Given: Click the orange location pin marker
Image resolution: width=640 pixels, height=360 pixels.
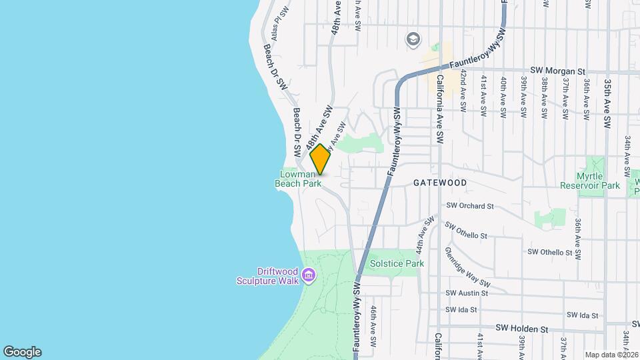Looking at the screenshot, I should tap(320, 159).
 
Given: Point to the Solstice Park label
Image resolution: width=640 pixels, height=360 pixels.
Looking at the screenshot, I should tap(397, 263).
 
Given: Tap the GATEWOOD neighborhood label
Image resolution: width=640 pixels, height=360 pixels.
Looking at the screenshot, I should tap(439, 182).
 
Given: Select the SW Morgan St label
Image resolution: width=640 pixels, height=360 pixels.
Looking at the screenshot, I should tap(557, 70).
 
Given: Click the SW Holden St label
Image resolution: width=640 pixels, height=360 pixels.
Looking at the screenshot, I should tap(522, 329).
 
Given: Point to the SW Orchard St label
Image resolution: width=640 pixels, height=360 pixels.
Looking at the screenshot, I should tap(469, 206).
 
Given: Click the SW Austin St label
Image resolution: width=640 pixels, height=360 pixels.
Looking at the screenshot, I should tap(467, 293).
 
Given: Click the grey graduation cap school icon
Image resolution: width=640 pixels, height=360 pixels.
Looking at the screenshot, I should tap(413, 39).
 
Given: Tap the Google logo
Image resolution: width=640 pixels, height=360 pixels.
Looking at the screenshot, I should tap(22, 352).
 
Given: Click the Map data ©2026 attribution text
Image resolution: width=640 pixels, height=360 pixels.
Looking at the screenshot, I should tap(612, 355).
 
